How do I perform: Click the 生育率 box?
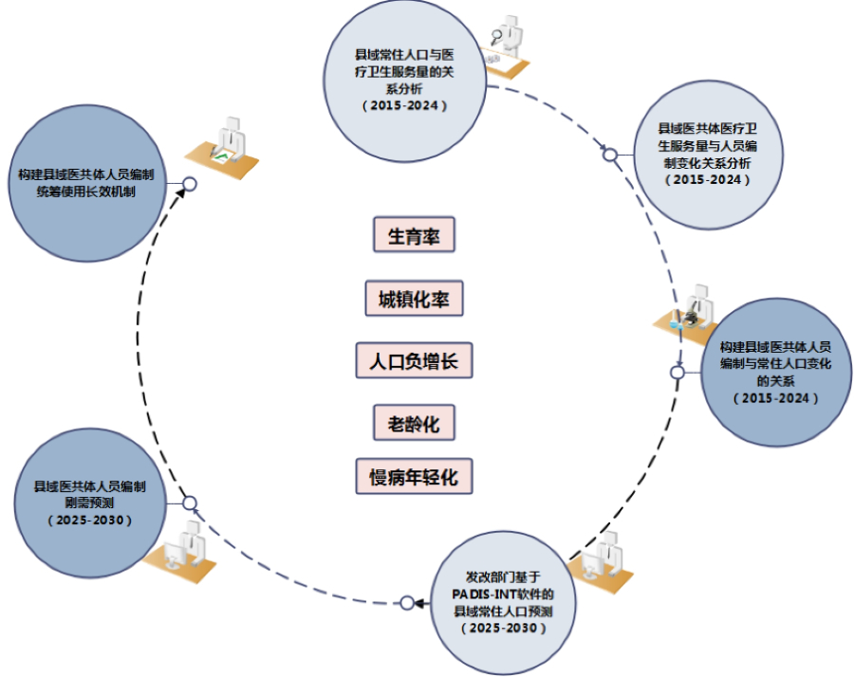415,236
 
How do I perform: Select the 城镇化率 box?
414,300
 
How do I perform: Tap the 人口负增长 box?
414,361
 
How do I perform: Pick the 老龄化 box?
414,423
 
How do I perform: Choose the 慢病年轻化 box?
414,477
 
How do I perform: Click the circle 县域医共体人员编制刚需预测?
89,503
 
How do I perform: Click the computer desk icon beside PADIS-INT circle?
600,561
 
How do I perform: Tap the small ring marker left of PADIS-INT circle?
408,602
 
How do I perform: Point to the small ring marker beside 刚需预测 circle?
189,503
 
